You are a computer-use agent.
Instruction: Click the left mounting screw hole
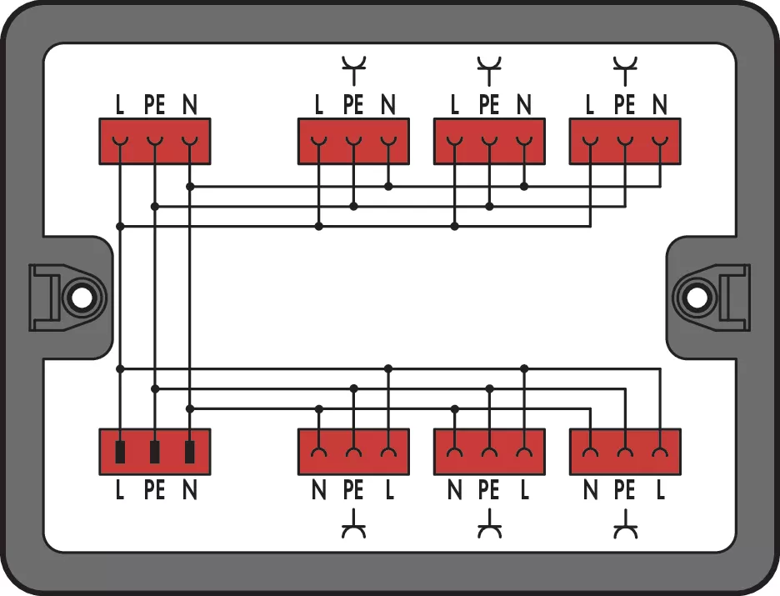click(x=81, y=297)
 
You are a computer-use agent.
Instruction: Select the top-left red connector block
click(x=154, y=141)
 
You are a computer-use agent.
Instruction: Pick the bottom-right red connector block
click(x=624, y=452)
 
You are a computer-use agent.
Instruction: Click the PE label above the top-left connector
click(x=154, y=105)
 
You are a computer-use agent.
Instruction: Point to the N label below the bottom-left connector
click(x=190, y=491)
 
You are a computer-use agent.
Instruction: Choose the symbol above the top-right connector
click(x=623, y=68)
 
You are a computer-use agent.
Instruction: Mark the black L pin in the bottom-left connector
click(x=120, y=452)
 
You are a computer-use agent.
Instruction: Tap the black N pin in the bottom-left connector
click(x=190, y=452)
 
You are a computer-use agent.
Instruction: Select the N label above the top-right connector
click(x=659, y=105)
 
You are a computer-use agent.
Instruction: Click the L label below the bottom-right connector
click(x=660, y=491)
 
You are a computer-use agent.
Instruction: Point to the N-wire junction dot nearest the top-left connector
click(x=190, y=187)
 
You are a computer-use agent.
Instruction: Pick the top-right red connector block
click(x=624, y=141)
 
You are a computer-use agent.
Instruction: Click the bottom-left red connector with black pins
click(x=154, y=452)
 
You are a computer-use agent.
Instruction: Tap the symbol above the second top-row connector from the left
click(x=353, y=68)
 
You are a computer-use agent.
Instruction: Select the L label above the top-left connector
click(x=120, y=105)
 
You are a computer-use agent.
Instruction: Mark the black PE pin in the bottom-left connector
click(x=155, y=452)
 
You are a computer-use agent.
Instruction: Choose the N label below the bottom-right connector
click(x=590, y=491)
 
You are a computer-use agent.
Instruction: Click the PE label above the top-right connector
click(x=624, y=105)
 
